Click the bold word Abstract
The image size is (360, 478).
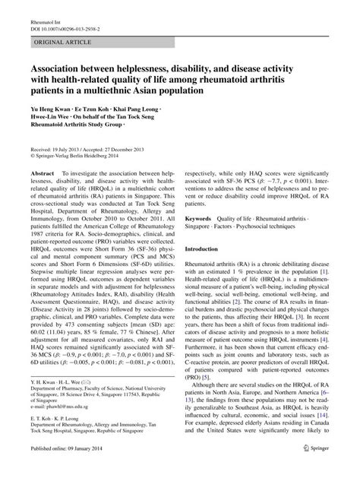[43, 174]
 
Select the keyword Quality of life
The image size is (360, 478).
[244, 218]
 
